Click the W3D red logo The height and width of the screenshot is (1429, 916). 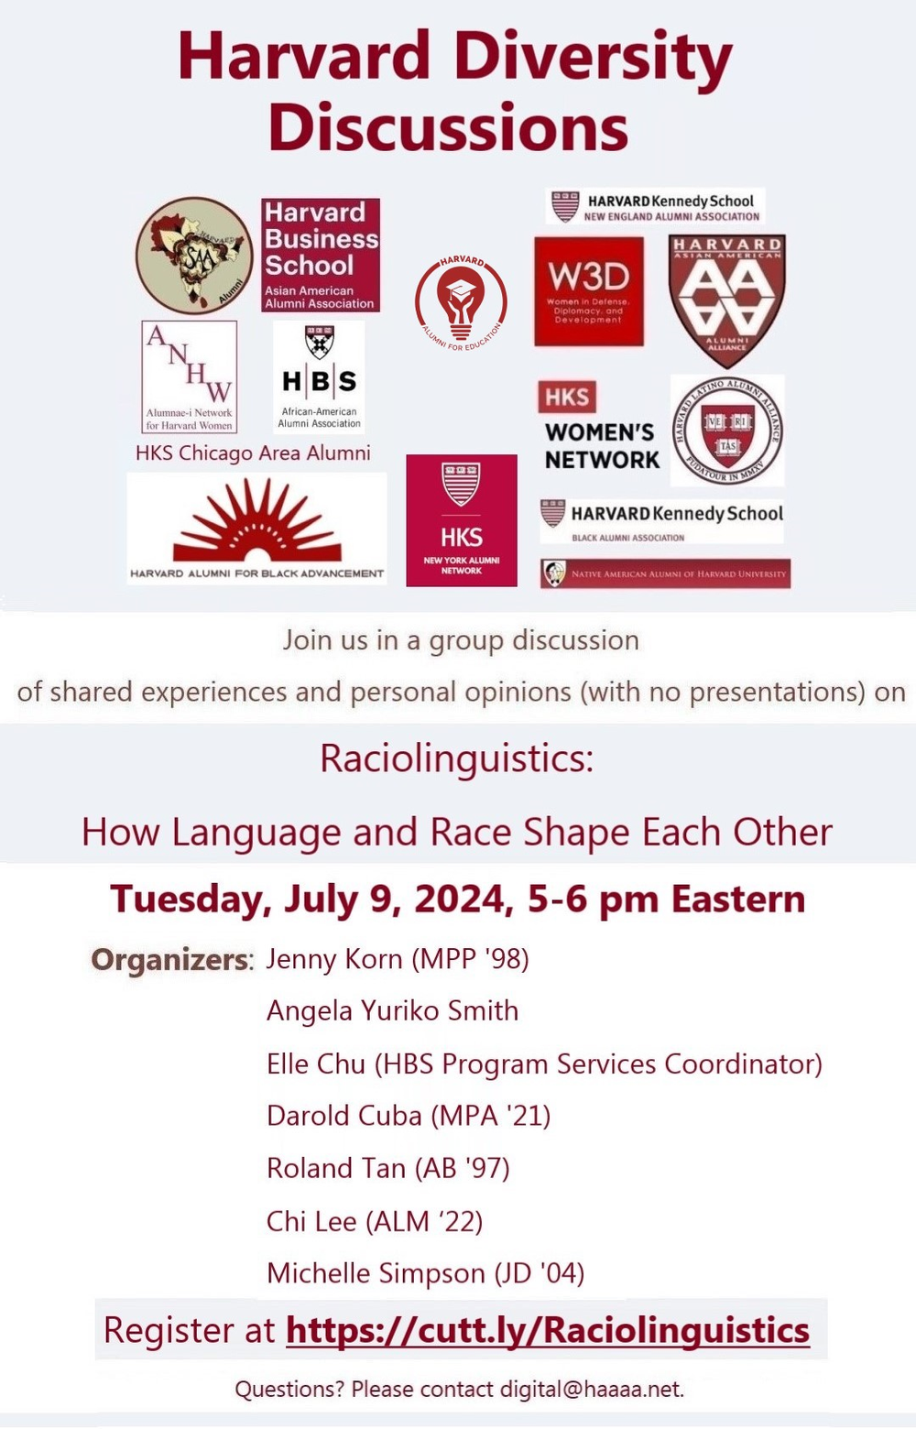(588, 291)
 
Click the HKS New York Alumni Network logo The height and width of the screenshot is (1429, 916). (461, 519)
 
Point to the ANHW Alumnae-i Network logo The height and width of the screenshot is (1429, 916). (190, 376)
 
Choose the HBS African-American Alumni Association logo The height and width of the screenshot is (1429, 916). (319, 376)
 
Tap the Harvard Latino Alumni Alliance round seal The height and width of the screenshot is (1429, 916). (727, 430)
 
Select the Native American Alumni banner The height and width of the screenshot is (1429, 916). (665, 573)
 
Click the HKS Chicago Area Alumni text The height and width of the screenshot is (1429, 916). (253, 453)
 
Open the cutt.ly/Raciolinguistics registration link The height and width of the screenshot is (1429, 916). (547, 1329)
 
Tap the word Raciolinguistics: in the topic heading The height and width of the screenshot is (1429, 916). (456, 758)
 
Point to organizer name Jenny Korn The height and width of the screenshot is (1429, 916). (334, 959)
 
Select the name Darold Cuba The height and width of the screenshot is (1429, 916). (343, 1116)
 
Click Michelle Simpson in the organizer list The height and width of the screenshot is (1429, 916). (376, 1273)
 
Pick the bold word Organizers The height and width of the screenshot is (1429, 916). (169, 959)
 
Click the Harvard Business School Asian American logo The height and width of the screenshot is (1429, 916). (320, 255)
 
